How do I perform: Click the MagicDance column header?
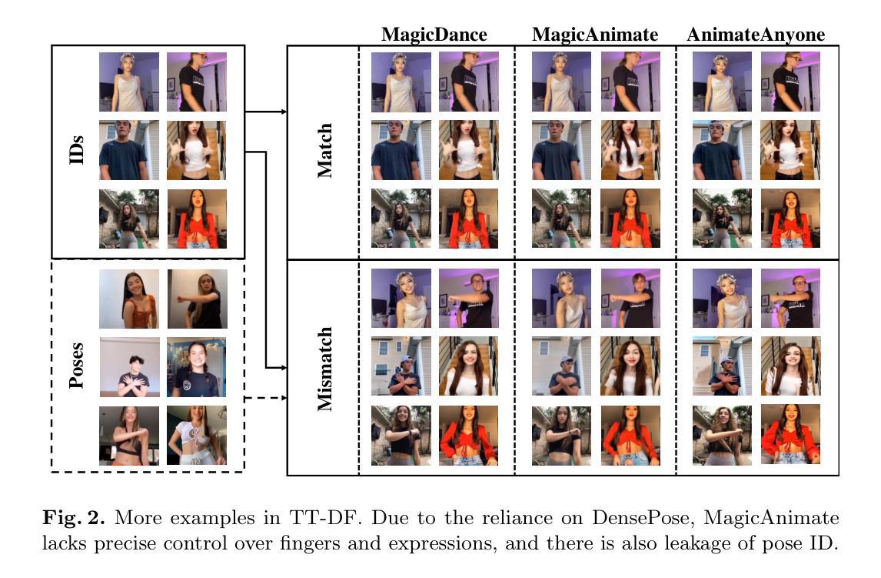click(x=434, y=35)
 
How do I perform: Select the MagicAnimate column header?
click(x=595, y=35)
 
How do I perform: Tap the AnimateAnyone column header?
click(x=756, y=35)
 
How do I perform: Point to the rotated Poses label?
click(x=76, y=365)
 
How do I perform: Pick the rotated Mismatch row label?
click(x=324, y=368)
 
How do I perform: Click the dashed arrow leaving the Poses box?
click(x=264, y=398)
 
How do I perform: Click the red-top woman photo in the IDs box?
click(x=197, y=219)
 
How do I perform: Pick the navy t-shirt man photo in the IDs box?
click(x=128, y=150)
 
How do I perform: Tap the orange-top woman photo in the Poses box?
click(x=128, y=299)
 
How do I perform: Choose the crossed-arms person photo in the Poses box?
click(x=128, y=367)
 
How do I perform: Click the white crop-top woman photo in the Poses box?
click(x=197, y=436)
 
